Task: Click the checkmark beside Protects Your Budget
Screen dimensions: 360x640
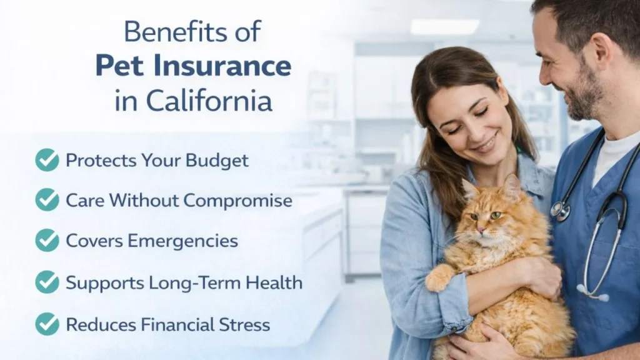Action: (47, 160)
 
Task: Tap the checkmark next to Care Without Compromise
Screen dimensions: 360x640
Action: (47, 200)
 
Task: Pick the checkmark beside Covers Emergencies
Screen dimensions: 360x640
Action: (47, 241)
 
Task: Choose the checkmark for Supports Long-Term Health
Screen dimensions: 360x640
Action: (47, 282)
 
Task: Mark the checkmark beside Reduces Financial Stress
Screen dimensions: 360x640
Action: (47, 324)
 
